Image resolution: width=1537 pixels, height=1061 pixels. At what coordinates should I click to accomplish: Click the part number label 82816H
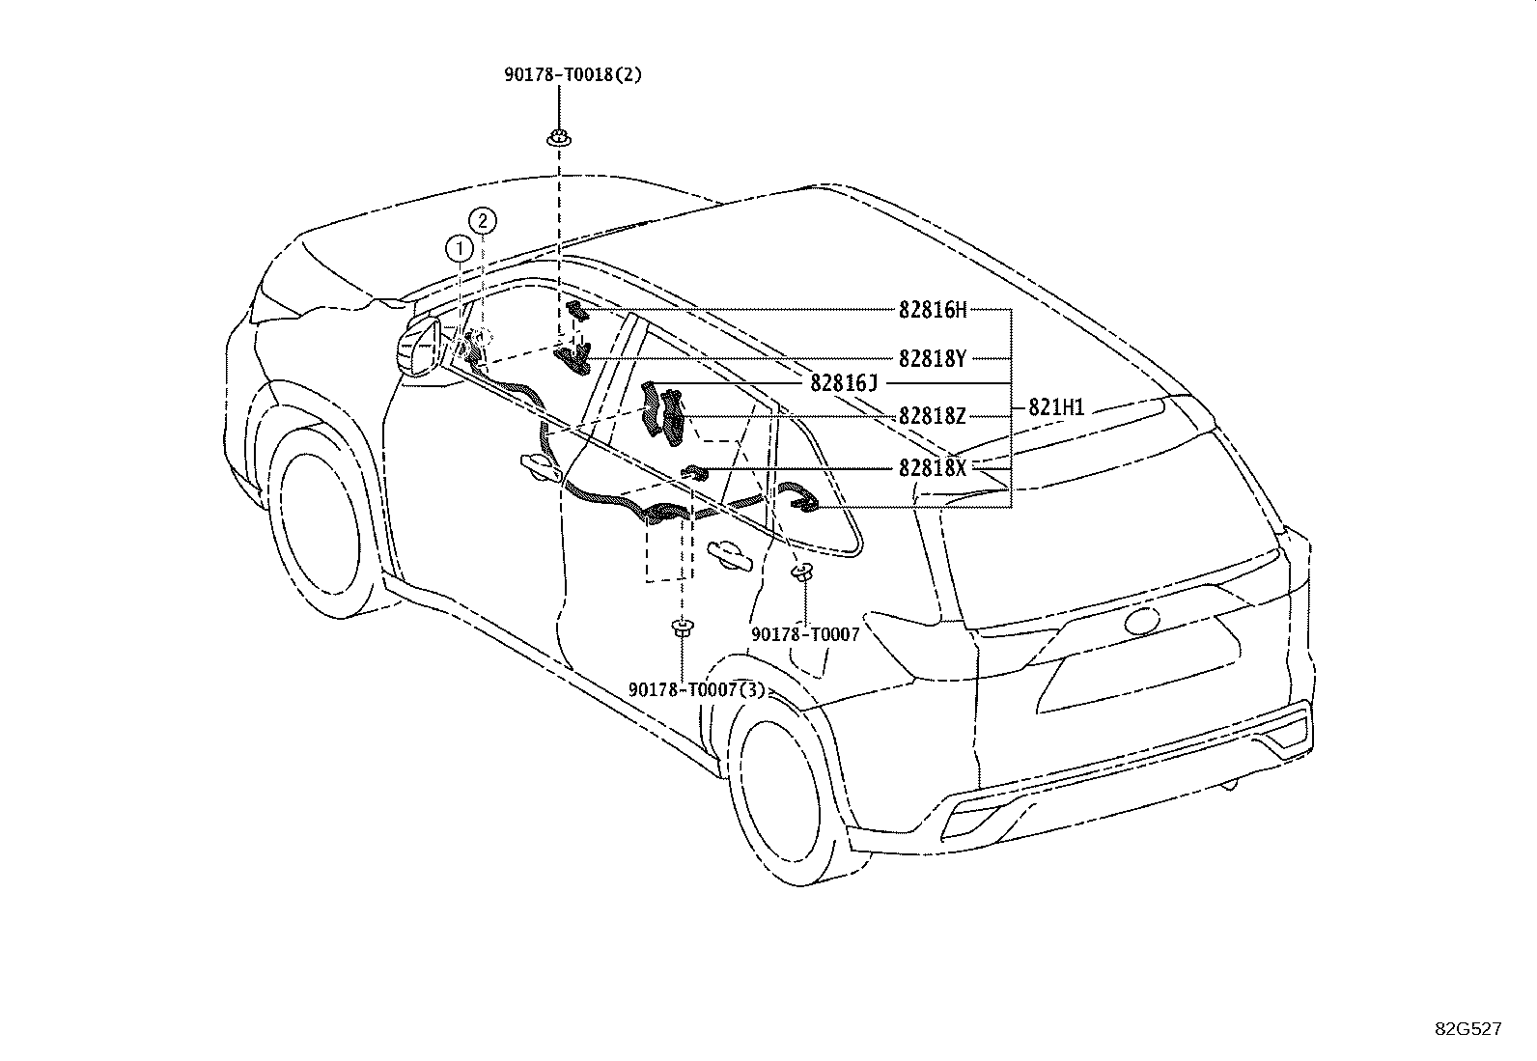[x=933, y=310]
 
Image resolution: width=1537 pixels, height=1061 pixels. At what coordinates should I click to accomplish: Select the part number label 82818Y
[x=933, y=358]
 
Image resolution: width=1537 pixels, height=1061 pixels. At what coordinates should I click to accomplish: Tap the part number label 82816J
[x=844, y=382]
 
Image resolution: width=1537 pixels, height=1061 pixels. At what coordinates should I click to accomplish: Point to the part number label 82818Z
[x=933, y=415]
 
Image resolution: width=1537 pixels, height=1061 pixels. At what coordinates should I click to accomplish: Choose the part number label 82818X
[x=933, y=468]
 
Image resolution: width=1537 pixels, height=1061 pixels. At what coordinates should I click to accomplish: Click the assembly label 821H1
[x=1056, y=407]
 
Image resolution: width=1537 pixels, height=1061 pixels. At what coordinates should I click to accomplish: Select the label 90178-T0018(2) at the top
[x=573, y=74]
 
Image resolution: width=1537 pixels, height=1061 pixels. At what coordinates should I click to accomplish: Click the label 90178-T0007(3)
[x=696, y=689]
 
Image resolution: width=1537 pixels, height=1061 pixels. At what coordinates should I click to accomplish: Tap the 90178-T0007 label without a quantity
[x=805, y=634]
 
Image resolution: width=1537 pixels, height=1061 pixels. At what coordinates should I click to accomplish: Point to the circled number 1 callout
[x=459, y=248]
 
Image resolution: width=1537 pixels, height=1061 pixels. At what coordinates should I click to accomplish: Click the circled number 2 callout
[x=483, y=221]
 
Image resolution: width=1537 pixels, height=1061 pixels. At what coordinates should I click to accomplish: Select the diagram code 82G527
[x=1468, y=1029]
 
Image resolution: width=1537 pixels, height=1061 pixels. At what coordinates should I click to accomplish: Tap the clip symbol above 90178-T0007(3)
[x=682, y=628]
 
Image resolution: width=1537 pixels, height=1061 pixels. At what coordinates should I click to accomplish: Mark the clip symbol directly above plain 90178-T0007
[x=802, y=571]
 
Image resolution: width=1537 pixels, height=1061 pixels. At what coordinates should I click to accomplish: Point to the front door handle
[x=542, y=467]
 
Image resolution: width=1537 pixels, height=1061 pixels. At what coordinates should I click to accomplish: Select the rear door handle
[x=730, y=554]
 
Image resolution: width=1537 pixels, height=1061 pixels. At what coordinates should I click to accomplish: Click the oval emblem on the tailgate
[x=1142, y=620]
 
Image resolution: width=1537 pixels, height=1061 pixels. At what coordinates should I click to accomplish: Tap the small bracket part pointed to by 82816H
[x=577, y=311]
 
